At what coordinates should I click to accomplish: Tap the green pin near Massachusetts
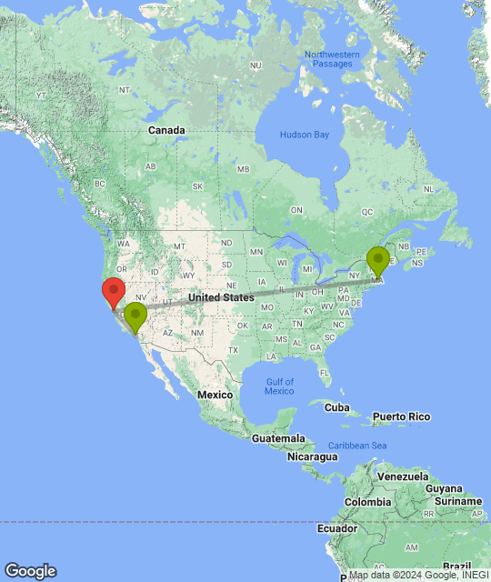click(x=377, y=261)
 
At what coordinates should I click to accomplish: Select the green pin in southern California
click(x=135, y=317)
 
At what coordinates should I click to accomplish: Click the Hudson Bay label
click(x=304, y=135)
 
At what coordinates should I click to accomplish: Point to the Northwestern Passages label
click(x=332, y=60)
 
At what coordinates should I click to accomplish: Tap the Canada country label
click(x=166, y=130)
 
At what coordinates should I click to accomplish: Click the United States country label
click(x=221, y=297)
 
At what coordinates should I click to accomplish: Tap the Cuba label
click(x=337, y=406)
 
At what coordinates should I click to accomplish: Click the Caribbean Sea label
click(x=357, y=445)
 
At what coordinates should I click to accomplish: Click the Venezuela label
click(x=403, y=477)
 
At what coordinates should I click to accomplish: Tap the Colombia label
click(x=367, y=503)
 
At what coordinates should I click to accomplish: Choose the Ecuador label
click(x=336, y=528)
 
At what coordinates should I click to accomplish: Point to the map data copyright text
click(x=418, y=575)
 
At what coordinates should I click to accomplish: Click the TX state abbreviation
click(x=234, y=350)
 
